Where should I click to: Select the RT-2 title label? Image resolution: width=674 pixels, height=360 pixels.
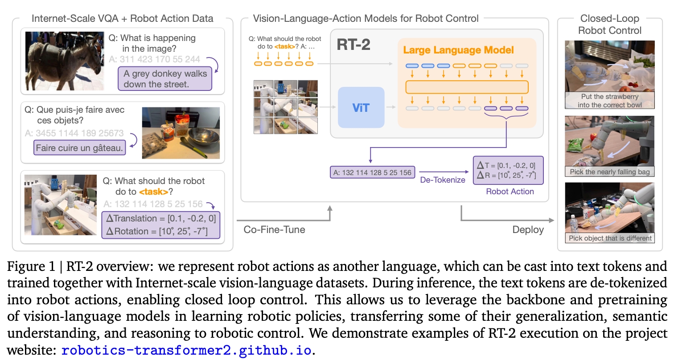pyautogui.click(x=353, y=45)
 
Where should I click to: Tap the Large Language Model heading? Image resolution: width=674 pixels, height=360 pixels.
pyautogui.click(x=458, y=50)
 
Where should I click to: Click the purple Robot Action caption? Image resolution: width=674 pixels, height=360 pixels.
pyautogui.click(x=510, y=192)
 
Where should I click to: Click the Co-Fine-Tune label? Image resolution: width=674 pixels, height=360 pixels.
pyautogui.click(x=275, y=229)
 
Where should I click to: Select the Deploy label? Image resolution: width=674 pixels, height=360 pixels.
pyautogui.click(x=528, y=229)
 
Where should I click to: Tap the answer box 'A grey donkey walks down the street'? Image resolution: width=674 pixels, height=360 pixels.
pyautogui.click(x=165, y=79)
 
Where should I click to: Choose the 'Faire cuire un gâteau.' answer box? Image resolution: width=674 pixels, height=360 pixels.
pyautogui.click(x=80, y=148)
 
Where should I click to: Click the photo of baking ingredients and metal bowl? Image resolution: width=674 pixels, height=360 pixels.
pyautogui.click(x=181, y=133)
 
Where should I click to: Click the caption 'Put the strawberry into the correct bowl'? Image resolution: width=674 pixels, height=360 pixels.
pyautogui.click(x=609, y=101)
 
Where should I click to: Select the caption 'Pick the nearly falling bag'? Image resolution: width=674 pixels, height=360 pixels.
pyautogui.click(x=609, y=172)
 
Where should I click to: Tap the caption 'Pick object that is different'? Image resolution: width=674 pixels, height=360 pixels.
pyautogui.click(x=610, y=238)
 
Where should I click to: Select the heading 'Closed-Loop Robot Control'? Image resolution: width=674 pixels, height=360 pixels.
pyautogui.click(x=609, y=25)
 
